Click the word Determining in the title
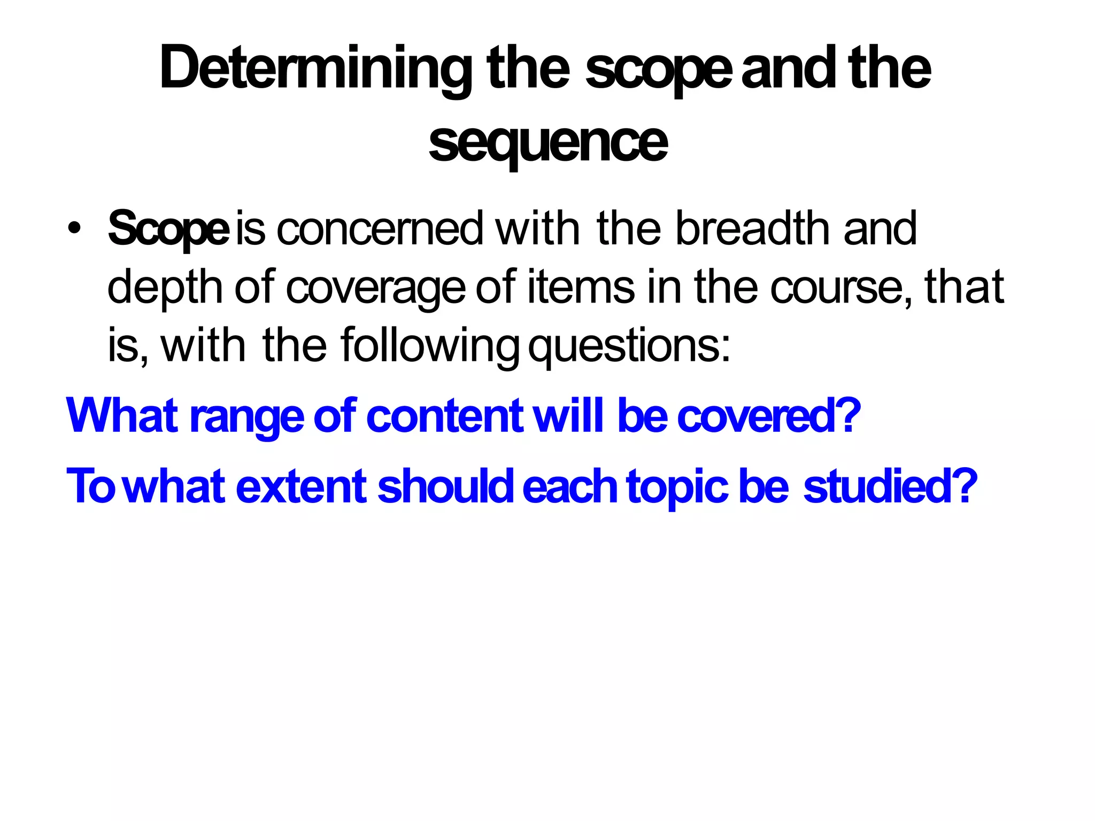click(x=315, y=69)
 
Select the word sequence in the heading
click(x=548, y=143)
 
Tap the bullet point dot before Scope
click(x=74, y=228)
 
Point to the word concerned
click(x=380, y=229)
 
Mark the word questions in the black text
click(x=628, y=346)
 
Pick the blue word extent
click(x=301, y=486)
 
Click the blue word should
click(x=446, y=486)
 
